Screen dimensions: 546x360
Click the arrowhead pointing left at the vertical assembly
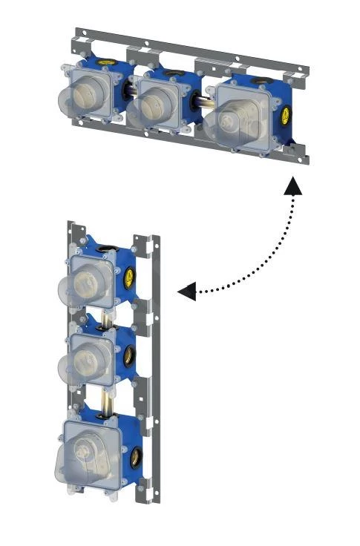click(x=187, y=292)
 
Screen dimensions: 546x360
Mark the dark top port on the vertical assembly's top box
click(x=109, y=248)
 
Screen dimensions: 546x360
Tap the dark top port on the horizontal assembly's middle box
click(x=178, y=73)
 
